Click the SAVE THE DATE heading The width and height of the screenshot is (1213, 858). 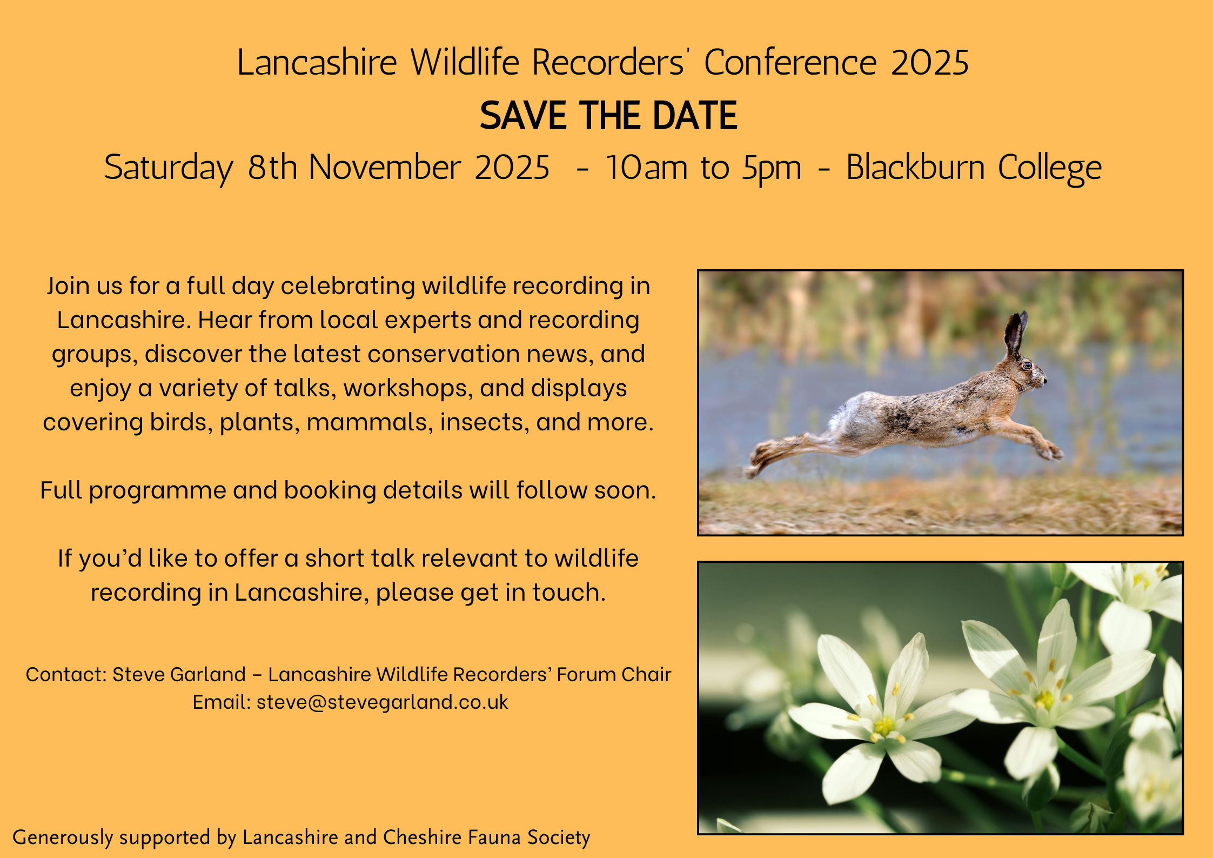pos(608,116)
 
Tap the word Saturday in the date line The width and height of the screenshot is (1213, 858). pos(169,168)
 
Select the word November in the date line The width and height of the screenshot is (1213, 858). pos(385,167)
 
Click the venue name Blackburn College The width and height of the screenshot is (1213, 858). pos(974,168)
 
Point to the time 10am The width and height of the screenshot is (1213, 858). pos(646,168)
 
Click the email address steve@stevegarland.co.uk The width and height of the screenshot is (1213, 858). pos(383,702)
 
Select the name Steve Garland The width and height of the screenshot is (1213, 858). pos(179,674)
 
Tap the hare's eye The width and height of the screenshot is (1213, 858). pos(1027,365)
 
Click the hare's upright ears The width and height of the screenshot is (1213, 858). pos(1015,333)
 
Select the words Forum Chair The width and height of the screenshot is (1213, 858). pos(614,674)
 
